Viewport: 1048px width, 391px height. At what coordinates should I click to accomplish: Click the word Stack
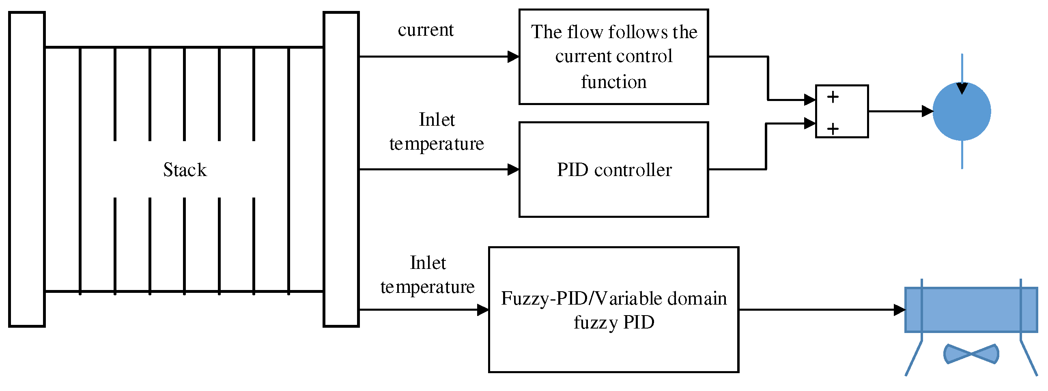pyautogui.click(x=185, y=170)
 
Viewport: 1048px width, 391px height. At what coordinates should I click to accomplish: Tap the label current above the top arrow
pyautogui.click(x=425, y=30)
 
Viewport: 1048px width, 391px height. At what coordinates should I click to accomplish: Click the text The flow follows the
pyautogui.click(x=613, y=32)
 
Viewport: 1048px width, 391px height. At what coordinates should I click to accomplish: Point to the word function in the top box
pyautogui.click(x=613, y=82)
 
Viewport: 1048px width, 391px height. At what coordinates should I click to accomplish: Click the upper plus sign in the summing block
pyautogui.click(x=833, y=97)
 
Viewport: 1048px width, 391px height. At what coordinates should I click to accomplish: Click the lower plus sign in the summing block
pyautogui.click(x=833, y=129)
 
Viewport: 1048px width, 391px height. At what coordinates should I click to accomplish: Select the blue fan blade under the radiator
pyautogui.click(x=971, y=354)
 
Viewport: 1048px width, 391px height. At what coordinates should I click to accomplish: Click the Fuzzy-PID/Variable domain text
pyautogui.click(x=613, y=298)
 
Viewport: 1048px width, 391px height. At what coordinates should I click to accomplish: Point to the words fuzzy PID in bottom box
pyautogui.click(x=613, y=322)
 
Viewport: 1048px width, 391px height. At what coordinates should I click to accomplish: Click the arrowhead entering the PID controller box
pyautogui.click(x=513, y=169)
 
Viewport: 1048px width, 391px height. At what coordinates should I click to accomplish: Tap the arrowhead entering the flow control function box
pyautogui.click(x=513, y=56)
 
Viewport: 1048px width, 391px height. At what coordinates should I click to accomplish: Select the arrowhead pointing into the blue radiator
pyautogui.click(x=899, y=309)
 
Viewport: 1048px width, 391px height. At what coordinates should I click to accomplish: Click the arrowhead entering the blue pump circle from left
pyautogui.click(x=927, y=111)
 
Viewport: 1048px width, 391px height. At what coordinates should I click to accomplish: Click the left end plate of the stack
pyautogui.click(x=27, y=169)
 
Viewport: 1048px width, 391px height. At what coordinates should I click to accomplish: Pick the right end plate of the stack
pyautogui.click(x=341, y=169)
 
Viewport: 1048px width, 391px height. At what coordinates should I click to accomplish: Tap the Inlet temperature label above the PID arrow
pyautogui.click(x=437, y=131)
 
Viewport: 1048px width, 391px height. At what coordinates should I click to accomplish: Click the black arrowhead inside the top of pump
pyautogui.click(x=962, y=88)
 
